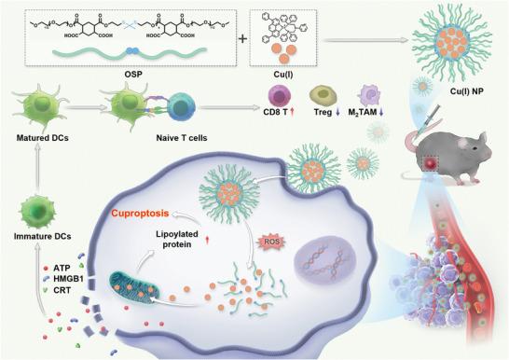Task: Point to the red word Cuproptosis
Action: [x=145, y=212]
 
